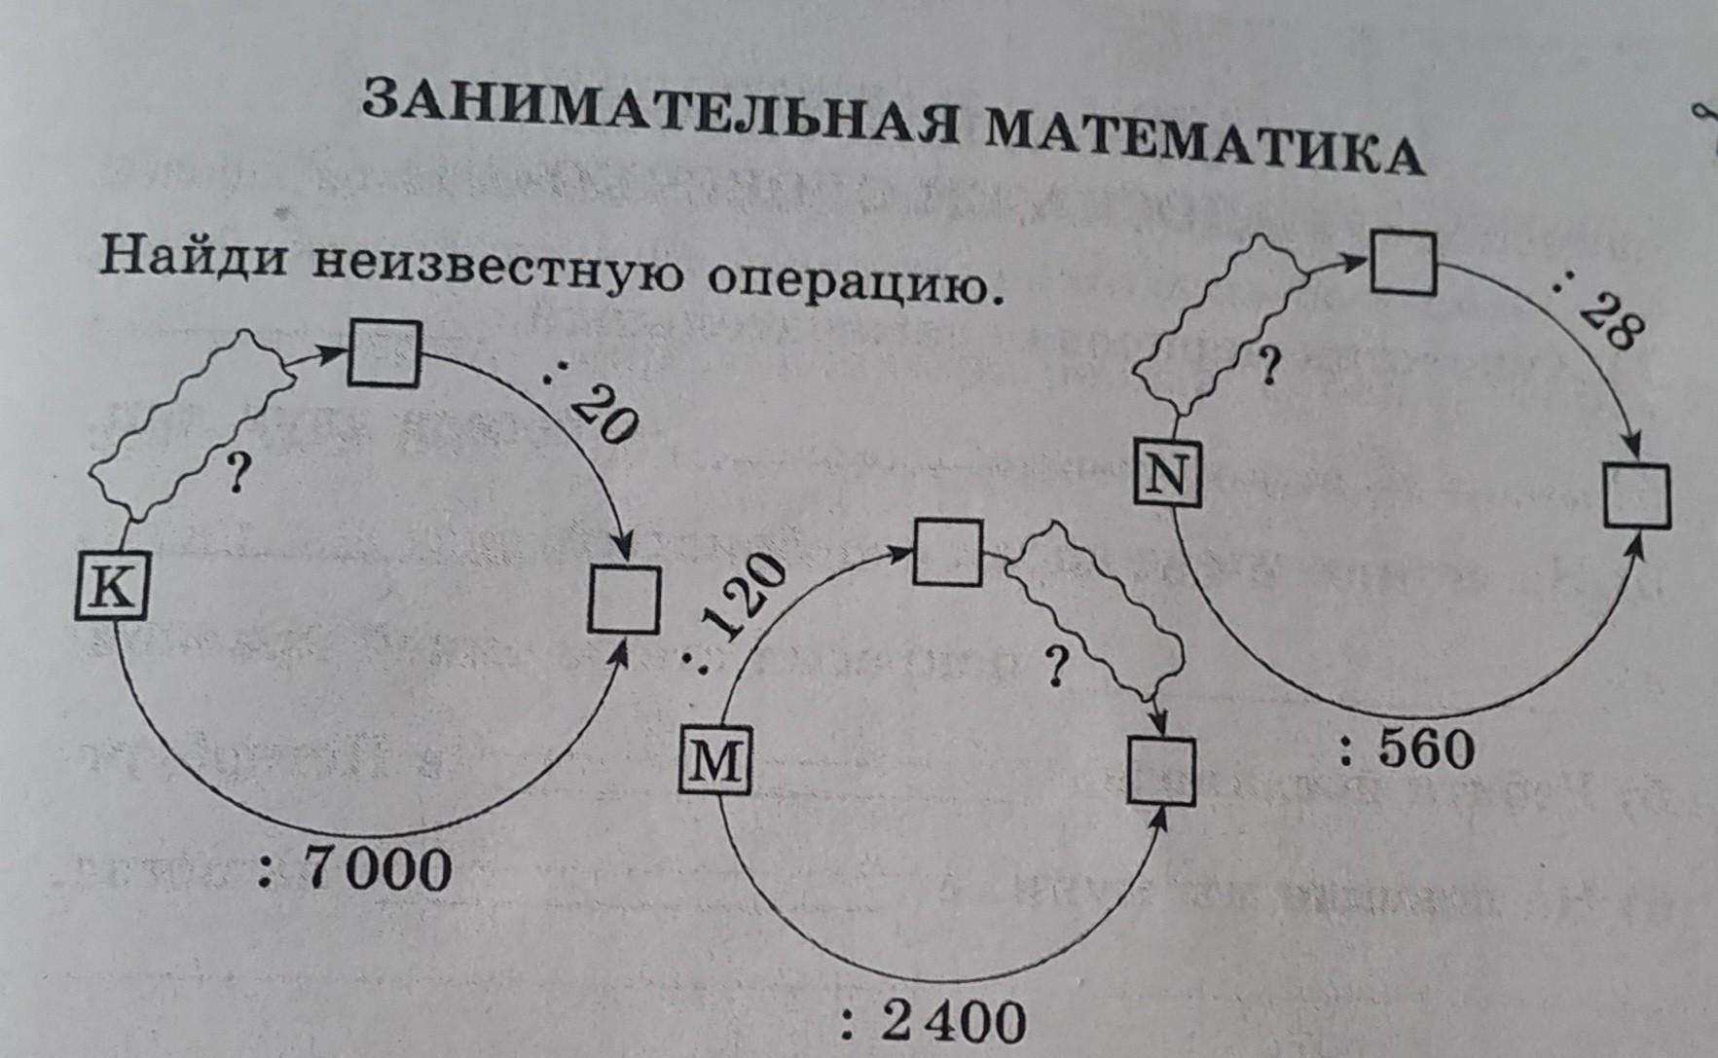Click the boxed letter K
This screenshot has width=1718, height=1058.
click(112, 587)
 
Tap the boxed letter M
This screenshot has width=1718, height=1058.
click(714, 762)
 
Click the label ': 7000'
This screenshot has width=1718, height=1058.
click(355, 868)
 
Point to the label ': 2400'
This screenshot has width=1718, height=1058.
click(933, 1022)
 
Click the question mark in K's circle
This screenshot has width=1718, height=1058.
click(235, 474)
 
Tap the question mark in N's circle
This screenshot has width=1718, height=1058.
click(1267, 368)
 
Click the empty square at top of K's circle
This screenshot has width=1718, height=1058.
click(384, 353)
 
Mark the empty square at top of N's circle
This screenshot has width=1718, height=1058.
click(1403, 262)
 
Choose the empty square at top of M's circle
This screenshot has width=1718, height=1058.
click(947, 553)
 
